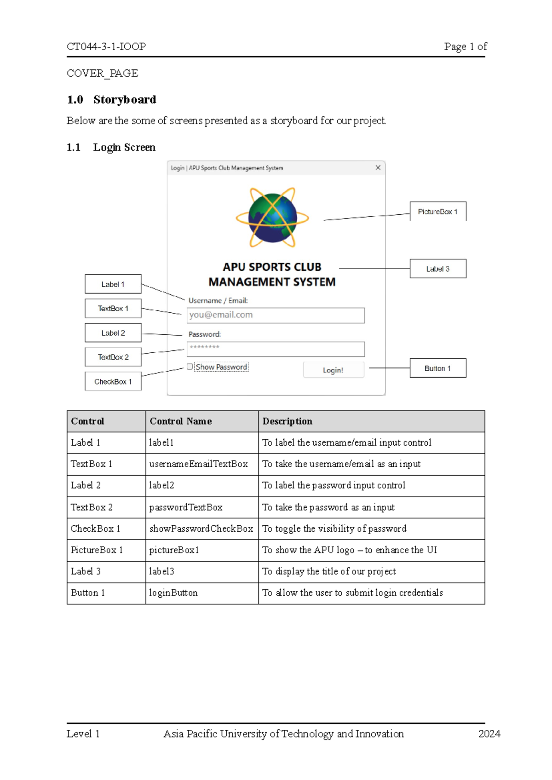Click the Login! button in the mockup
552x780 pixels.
[x=333, y=370]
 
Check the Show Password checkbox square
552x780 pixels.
[x=190, y=367]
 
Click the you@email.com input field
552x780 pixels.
[x=276, y=315]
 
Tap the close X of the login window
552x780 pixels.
[x=378, y=168]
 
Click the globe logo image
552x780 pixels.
[x=272, y=217]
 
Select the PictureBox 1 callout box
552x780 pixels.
[x=437, y=212]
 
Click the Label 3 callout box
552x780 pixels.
[x=437, y=269]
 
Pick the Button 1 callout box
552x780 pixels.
[x=437, y=368]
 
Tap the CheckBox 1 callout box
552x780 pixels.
[x=113, y=382]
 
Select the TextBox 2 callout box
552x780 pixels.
[x=113, y=357]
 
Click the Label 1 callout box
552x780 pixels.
[x=113, y=284]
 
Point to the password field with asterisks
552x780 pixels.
[x=276, y=349]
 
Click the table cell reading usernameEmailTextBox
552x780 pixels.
[x=199, y=464]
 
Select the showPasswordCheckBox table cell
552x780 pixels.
[x=201, y=529]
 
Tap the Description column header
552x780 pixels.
[x=287, y=421]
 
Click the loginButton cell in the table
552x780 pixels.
[x=173, y=593]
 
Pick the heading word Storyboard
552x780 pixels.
[x=125, y=100]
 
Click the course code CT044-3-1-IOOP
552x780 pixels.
[x=106, y=46]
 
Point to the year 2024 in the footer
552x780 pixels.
[x=489, y=734]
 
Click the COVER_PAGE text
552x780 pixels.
[x=102, y=73]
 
